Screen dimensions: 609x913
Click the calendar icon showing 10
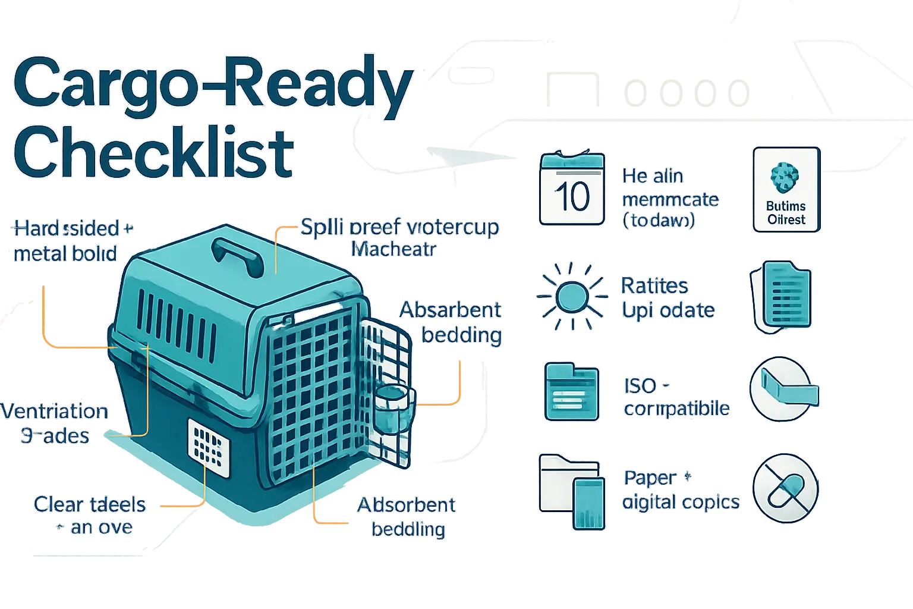tap(572, 189)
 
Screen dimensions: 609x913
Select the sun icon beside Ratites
tap(571, 296)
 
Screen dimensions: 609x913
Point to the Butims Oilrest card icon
tap(786, 190)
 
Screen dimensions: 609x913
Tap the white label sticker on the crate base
tap(208, 447)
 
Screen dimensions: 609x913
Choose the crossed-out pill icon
tap(785, 488)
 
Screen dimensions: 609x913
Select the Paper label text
tap(649, 478)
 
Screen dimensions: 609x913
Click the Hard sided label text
tap(67, 228)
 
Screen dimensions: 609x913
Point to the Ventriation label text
tap(55, 412)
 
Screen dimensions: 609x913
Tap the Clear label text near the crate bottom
tap(57, 505)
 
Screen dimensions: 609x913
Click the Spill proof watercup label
tap(399, 228)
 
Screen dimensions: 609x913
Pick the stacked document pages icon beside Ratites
tap(780, 296)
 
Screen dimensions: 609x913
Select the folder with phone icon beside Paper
tap(571, 490)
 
